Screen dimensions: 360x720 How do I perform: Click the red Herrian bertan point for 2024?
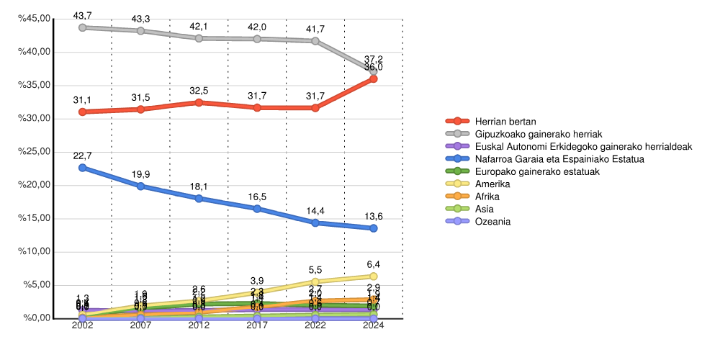pos(373,78)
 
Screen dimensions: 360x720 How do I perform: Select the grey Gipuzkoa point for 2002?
pos(82,27)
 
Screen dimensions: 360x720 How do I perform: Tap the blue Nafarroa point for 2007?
pos(140,186)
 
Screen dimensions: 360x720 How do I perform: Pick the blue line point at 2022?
pos(315,222)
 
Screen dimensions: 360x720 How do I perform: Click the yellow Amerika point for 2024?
pos(373,276)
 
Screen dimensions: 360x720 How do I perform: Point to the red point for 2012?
pos(199,102)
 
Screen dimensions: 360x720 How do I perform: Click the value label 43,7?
pos(82,15)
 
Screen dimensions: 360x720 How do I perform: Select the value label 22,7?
pos(82,156)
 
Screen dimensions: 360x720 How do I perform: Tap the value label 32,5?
pos(199,91)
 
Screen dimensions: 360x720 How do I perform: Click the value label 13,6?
pos(373,216)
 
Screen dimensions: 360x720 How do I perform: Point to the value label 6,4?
pos(373,264)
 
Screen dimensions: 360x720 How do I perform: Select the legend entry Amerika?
pos(492,184)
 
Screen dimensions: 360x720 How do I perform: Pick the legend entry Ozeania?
pos(492,222)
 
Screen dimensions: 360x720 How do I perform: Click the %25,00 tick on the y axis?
pos(35,152)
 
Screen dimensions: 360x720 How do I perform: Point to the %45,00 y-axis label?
pos(35,19)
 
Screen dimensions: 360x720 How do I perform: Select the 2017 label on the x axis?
pos(257,326)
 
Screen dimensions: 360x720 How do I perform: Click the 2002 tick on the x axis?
pos(82,326)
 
